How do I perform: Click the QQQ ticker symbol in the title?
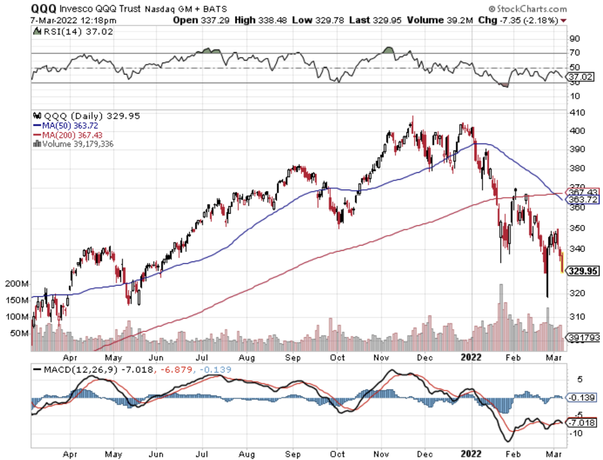pos(44,8)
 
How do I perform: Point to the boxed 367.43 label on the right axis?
pos(582,192)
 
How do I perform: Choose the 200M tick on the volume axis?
pos(17,284)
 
